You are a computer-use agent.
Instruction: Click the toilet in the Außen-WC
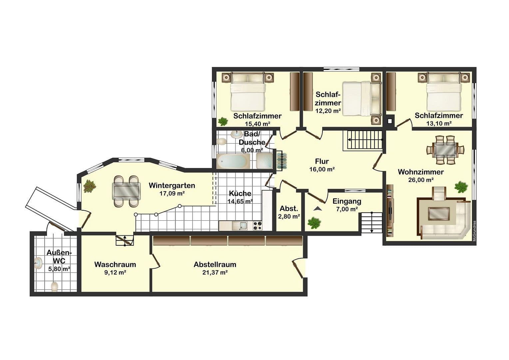[x=54, y=286]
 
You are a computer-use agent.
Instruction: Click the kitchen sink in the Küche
[x=241, y=226]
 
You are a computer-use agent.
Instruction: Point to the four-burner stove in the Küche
[x=257, y=226]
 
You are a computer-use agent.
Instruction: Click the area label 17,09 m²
[x=172, y=193]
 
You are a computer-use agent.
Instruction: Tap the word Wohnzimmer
[x=421, y=172]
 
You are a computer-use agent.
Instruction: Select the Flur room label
[x=322, y=161]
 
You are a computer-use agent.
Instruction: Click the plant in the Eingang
[x=314, y=222]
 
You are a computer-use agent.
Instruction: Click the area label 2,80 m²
[x=289, y=216]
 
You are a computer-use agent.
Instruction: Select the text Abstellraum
[x=215, y=265]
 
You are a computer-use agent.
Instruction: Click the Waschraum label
[x=115, y=265]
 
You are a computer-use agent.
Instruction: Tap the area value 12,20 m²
[x=328, y=111]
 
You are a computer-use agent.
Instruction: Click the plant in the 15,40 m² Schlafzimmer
[x=222, y=121]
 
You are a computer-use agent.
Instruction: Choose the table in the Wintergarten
[x=127, y=191]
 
